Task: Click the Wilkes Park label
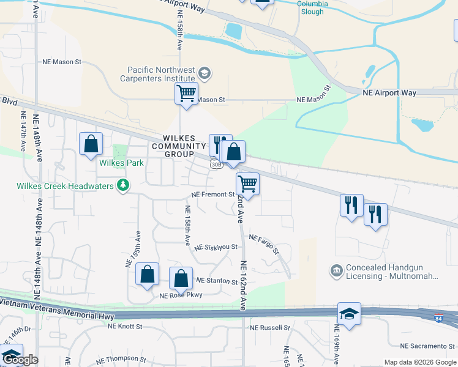tap(122, 163)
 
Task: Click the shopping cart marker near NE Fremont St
tap(247, 183)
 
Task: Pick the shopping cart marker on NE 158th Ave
tap(186, 94)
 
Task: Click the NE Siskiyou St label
tap(216, 247)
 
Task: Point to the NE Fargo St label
tap(263, 243)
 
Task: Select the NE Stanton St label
tap(216, 281)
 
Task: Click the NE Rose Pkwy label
tap(181, 295)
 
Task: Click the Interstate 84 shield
tap(437, 318)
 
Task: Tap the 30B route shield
tap(216, 165)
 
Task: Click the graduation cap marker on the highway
tap(350, 313)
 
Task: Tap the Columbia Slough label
tap(312, 4)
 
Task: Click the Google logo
tap(20, 360)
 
